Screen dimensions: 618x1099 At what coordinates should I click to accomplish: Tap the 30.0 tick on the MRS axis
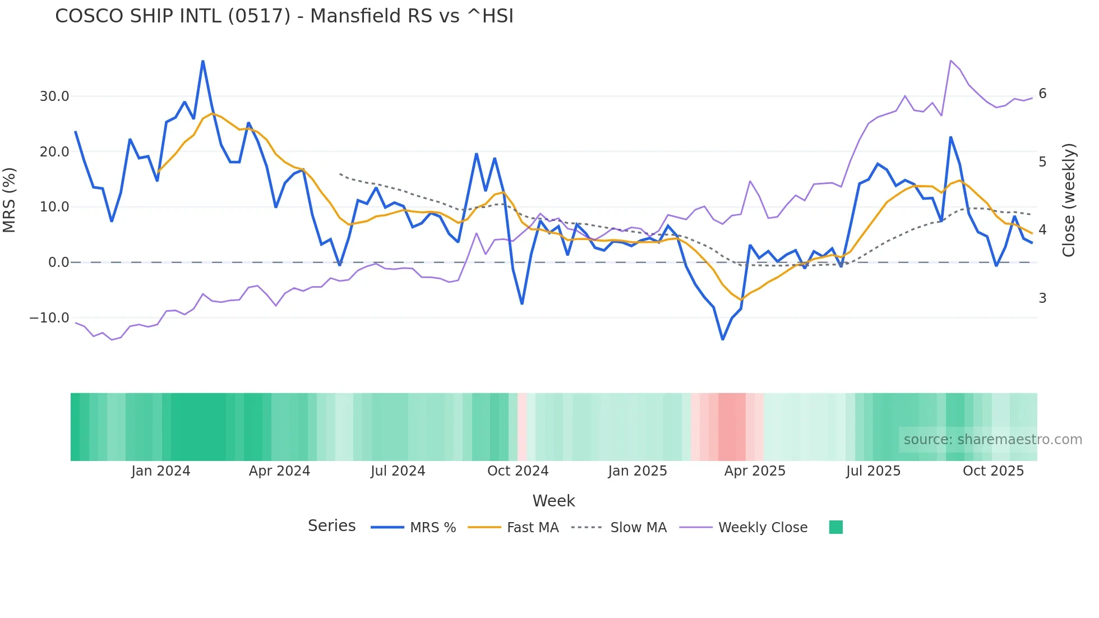tap(54, 96)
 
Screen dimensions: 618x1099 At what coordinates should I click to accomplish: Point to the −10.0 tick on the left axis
tap(49, 318)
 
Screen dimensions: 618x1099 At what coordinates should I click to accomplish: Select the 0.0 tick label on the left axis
tap(59, 262)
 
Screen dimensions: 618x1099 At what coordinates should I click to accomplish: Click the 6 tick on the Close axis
tap(1042, 94)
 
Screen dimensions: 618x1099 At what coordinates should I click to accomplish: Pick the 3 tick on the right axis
tap(1042, 298)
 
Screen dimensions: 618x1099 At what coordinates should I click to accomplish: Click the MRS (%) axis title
tap(9, 200)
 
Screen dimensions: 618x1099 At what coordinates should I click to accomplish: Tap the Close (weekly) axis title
tap(1069, 200)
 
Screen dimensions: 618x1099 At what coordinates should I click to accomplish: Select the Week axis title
tap(553, 501)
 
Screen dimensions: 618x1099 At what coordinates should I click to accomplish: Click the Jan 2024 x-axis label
tap(161, 471)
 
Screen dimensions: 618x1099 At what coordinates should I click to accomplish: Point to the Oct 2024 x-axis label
tap(518, 471)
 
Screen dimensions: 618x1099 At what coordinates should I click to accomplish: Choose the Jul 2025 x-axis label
tap(873, 471)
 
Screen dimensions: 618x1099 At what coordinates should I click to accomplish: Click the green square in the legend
tap(835, 527)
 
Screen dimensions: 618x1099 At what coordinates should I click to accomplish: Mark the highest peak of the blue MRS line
tap(202, 61)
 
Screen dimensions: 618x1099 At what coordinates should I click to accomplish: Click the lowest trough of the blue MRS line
tap(723, 339)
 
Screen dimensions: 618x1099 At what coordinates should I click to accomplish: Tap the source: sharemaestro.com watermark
tap(992, 440)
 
